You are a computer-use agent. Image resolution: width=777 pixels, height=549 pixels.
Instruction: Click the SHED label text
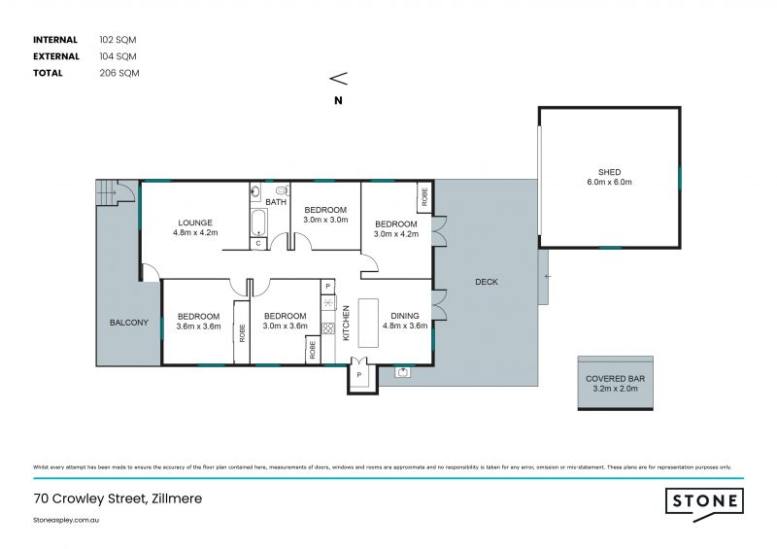610,172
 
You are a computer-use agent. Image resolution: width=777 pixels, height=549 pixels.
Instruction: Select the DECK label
486,283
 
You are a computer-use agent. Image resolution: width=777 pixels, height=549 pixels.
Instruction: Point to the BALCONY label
128,323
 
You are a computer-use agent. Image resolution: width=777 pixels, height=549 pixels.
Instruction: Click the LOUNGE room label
195,221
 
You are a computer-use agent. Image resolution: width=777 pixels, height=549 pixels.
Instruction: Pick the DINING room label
404,316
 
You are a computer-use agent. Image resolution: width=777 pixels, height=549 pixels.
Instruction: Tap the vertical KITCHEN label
346,323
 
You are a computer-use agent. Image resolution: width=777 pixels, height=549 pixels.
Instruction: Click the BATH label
276,202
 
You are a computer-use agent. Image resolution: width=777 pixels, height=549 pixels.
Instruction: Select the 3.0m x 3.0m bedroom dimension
324,221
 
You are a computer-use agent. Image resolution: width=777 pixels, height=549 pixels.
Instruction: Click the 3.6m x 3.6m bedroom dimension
197,326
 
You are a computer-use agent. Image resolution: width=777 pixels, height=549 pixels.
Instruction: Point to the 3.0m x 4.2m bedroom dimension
396,234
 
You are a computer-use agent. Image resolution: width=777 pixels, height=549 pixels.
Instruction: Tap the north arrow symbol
338,79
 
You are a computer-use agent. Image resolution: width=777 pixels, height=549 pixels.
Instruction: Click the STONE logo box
704,501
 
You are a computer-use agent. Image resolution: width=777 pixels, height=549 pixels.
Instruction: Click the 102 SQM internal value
118,40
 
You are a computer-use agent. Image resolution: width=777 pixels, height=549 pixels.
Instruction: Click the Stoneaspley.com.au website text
67,521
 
